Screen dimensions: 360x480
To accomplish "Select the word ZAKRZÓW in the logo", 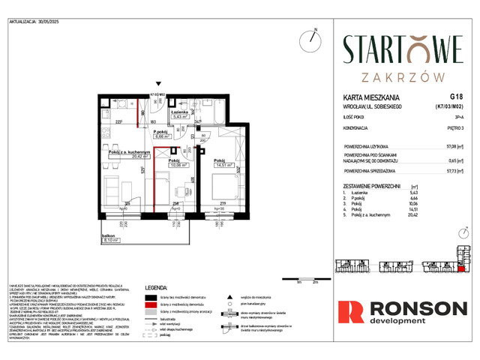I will click(x=402, y=76).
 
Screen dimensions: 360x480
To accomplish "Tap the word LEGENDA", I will click(x=162, y=287).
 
